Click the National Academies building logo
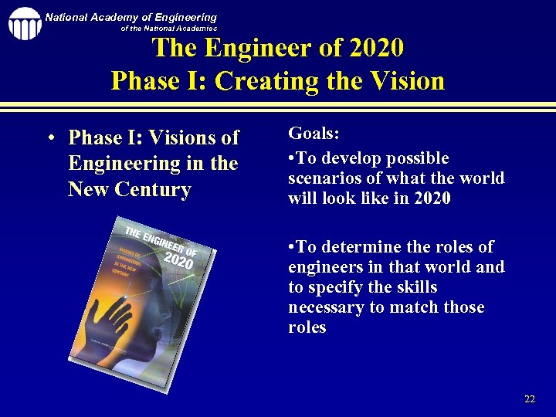tap(25, 23)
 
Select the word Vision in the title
tap(406, 81)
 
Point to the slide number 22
tap(529, 399)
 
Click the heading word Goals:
tap(314, 133)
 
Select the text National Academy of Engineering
tap(131, 17)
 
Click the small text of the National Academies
tap(169, 29)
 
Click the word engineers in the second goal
tap(324, 267)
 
